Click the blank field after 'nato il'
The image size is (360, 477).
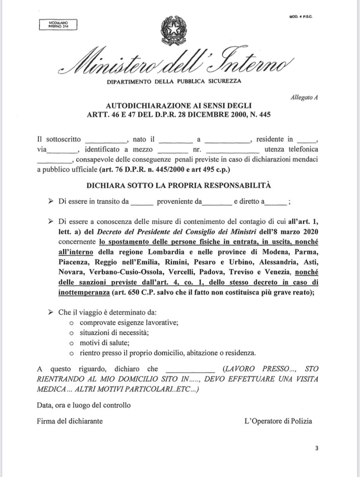[175, 140]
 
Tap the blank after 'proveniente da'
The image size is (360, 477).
[217, 202]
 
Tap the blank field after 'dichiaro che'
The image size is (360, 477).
[190, 368]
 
